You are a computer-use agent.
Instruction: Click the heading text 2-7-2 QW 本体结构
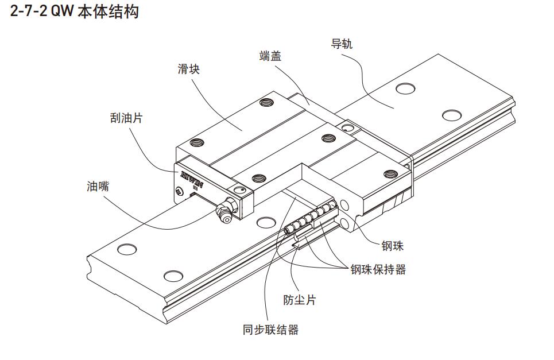click(75, 11)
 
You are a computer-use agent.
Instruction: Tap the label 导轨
click(342, 44)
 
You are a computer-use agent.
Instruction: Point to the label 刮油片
click(126, 119)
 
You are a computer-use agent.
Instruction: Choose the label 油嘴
click(98, 186)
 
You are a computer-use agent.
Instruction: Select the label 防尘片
click(300, 300)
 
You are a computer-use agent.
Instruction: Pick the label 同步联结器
click(270, 330)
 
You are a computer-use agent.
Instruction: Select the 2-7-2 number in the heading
click(29, 11)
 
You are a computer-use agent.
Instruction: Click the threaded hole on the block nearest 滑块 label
click(265, 103)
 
